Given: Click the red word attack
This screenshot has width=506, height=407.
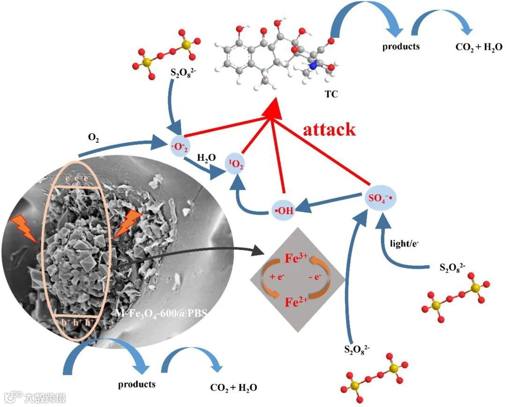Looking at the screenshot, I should click(x=329, y=129).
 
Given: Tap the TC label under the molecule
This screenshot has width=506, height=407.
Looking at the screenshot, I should click(x=331, y=94).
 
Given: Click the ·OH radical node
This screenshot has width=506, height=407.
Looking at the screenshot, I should click(x=284, y=211).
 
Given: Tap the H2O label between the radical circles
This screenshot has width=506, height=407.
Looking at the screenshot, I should click(x=206, y=158).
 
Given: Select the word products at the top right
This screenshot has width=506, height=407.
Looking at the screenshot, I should click(x=401, y=46).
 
